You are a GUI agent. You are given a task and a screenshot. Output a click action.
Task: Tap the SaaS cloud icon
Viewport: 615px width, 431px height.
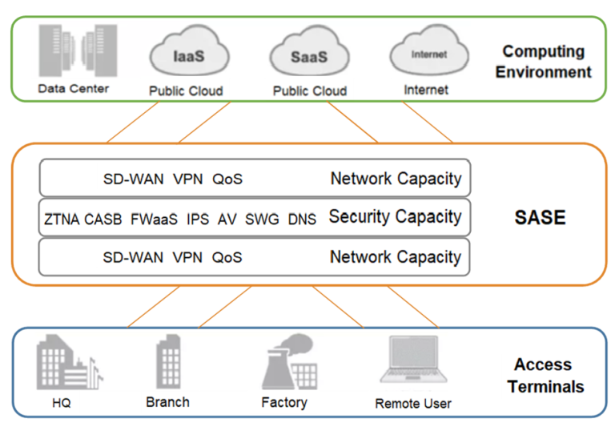click(x=309, y=57)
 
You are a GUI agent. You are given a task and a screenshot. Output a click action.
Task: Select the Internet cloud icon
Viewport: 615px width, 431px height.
click(x=428, y=55)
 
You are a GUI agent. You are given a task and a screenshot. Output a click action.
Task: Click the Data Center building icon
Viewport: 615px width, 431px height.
click(x=72, y=50)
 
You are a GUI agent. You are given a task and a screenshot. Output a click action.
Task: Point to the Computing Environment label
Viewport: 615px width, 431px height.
click(x=543, y=62)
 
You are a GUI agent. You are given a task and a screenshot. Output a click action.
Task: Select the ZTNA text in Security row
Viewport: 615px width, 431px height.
click(x=62, y=219)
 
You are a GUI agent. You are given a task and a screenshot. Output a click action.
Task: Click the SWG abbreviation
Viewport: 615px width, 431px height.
click(x=261, y=219)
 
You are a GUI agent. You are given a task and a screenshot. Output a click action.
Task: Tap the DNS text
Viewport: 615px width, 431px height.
click(x=302, y=219)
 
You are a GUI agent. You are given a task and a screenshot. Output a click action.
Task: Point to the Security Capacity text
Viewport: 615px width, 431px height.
click(x=395, y=217)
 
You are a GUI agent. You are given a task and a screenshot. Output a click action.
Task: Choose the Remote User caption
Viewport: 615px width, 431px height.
click(x=412, y=404)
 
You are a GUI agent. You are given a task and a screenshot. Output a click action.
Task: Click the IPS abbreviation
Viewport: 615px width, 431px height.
click(x=197, y=219)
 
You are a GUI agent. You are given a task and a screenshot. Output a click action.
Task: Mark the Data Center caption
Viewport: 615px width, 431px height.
click(x=73, y=88)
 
